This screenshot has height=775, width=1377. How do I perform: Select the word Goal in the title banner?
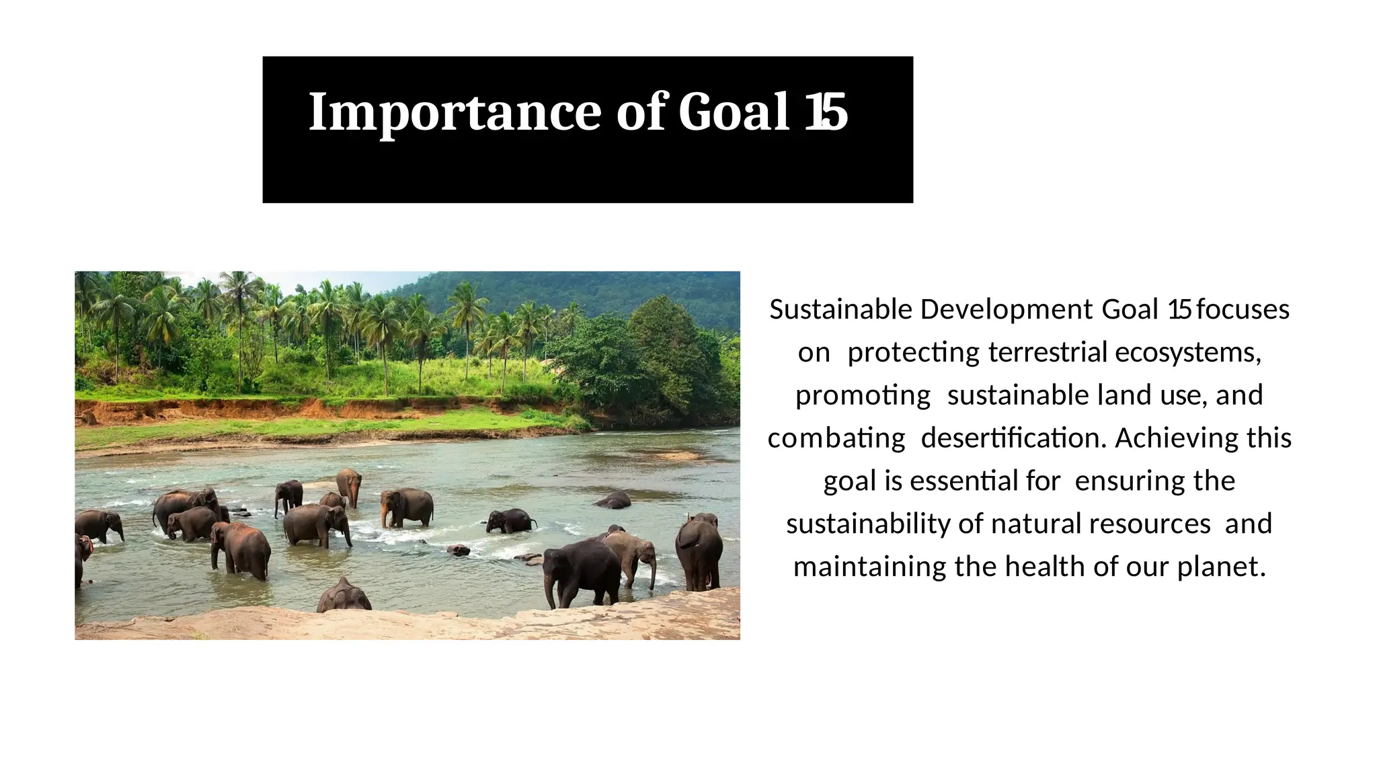point(734,112)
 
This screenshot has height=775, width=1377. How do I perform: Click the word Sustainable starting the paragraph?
point(841,310)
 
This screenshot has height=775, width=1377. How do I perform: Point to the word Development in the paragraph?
point(1006,310)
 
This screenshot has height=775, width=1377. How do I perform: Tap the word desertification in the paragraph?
point(1013,438)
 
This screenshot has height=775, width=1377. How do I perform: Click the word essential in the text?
point(964,481)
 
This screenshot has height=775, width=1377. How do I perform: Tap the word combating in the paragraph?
point(836,438)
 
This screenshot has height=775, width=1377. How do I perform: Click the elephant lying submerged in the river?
point(613,500)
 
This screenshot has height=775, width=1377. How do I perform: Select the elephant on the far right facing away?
point(699,548)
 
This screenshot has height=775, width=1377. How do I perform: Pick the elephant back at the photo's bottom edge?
point(344,597)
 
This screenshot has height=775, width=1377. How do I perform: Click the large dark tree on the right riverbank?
point(662,356)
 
